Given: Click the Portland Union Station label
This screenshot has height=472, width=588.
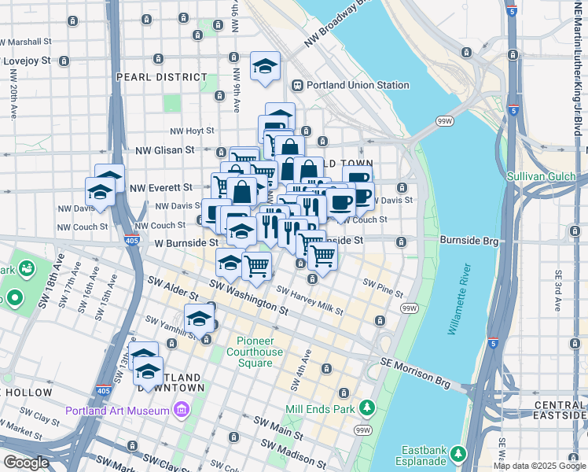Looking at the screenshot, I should pos(358,85).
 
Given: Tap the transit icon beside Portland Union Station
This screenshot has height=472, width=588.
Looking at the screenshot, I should pos(298,85).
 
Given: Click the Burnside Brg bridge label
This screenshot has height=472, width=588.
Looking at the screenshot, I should pos(469,239).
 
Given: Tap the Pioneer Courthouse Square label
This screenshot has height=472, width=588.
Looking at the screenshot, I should pos(260,352).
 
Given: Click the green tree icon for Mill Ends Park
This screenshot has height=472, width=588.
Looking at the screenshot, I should pos(366,407).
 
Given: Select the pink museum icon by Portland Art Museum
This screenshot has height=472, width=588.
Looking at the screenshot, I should pos(182,410).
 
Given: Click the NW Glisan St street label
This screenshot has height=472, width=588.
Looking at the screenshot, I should pos(164,149).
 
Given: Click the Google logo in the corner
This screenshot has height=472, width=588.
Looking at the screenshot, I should pos(26,462).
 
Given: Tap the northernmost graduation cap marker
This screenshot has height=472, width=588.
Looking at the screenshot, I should pos(265,66).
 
